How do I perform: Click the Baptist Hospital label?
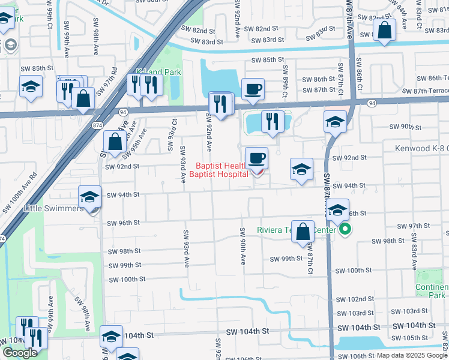coord(218,175)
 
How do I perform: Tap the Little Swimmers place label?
coord(53,209)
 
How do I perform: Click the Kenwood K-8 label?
coord(421,148)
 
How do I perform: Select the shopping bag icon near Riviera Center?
coord(304,232)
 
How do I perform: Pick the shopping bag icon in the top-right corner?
coord(384,29)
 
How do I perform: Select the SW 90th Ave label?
coord(243,246)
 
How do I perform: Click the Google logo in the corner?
coord(19,353)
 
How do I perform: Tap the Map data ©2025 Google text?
coord(411,355)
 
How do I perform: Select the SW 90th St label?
coord(402,127)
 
